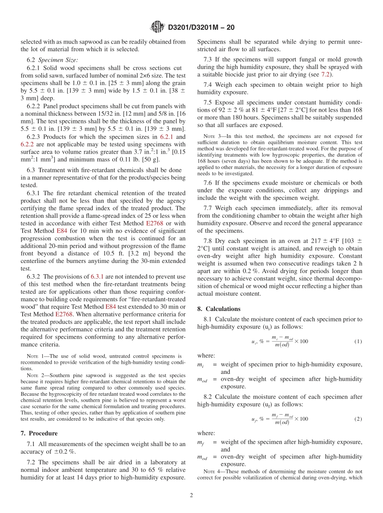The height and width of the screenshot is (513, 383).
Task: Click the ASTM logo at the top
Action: pos(157,27)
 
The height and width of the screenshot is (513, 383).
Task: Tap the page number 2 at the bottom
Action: pos(191,496)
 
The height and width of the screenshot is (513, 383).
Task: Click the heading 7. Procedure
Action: pos(39,434)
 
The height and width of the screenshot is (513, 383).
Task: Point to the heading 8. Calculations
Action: pos(219,309)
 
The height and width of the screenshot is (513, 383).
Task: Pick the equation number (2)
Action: pos(358,419)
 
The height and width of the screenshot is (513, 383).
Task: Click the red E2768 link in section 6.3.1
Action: pos(155,223)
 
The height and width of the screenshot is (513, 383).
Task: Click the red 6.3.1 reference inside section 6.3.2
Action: pos(97,277)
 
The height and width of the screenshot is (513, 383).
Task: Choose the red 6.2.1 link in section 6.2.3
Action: pos(167,137)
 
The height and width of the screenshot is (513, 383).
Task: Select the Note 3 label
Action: pos(211,137)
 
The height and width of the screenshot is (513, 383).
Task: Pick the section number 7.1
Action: pos(32,444)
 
